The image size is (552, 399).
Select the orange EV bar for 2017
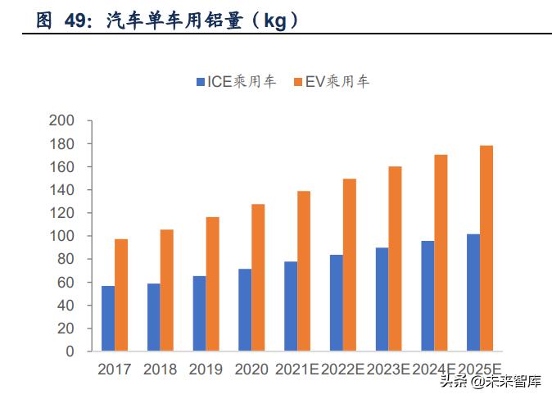[x=121, y=295]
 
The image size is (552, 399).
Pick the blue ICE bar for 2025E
[x=473, y=292]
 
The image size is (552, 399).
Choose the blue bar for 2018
[x=154, y=317]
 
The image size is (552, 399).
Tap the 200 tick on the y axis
[x=85, y=121]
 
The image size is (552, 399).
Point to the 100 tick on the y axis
[x=85, y=236]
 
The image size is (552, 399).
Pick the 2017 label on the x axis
[x=115, y=370]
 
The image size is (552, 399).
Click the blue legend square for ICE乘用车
[x=201, y=82]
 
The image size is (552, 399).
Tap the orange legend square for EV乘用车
[x=298, y=82]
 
